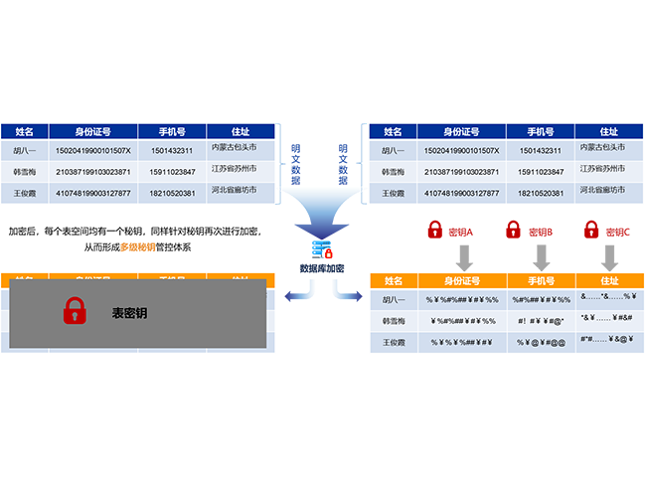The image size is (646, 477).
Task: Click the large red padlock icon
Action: [76, 312]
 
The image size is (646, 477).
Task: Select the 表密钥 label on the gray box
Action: [130, 313]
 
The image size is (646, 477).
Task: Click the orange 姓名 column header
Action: [394, 281]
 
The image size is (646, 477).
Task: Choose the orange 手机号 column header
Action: [542, 281]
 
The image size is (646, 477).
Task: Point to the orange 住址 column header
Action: [609, 281]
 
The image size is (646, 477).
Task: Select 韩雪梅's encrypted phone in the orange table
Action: [542, 321]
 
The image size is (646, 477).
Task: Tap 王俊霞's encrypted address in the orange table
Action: [609, 342]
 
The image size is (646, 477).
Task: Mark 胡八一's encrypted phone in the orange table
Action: [542, 300]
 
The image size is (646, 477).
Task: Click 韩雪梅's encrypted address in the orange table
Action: [609, 321]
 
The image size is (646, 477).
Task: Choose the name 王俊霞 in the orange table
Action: [394, 342]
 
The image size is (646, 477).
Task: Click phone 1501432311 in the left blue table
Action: [172, 151]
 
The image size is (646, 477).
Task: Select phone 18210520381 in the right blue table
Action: [542, 193]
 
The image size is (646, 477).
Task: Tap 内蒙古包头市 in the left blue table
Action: [235, 147]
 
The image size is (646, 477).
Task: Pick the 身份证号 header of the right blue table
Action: [461, 131]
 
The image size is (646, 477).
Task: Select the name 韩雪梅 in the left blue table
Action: [24, 172]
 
